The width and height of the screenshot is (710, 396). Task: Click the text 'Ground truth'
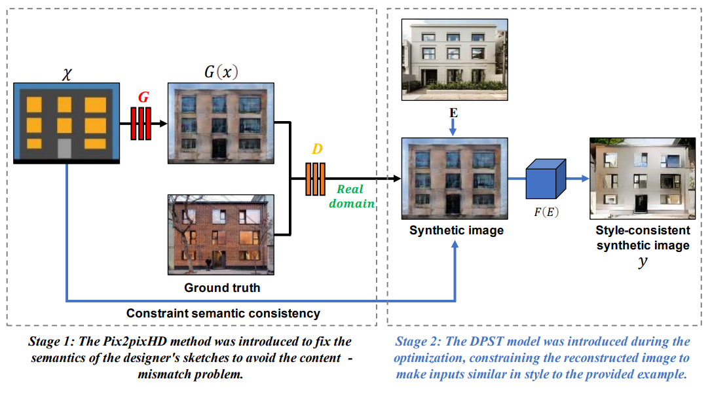pos(222,287)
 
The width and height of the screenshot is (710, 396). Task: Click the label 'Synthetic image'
pos(457,230)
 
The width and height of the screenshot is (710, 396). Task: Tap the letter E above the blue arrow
pos(453,113)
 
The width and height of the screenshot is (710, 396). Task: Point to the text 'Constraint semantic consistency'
pos(223,314)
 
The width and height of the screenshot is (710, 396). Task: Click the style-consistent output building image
pos(642,178)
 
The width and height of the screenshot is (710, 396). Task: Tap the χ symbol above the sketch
pos(66,73)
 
